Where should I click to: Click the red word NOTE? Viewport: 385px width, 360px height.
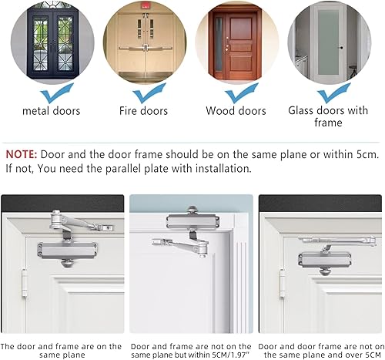(22, 154)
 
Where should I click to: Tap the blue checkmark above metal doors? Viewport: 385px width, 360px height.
(57, 93)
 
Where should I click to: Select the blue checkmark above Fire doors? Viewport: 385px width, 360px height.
(149, 93)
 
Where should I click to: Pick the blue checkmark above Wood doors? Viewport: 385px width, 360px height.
(242, 93)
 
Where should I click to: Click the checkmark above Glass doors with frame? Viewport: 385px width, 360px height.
(334, 93)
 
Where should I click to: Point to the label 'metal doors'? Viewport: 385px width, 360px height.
(52, 111)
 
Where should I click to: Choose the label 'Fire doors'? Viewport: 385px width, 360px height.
(143, 111)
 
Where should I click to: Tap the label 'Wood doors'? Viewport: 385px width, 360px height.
(236, 111)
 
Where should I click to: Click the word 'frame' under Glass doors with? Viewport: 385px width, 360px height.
(328, 123)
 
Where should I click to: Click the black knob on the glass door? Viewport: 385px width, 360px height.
(341, 48)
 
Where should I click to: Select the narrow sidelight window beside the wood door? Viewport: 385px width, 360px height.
(219, 44)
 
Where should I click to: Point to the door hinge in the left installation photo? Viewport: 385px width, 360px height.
(25, 282)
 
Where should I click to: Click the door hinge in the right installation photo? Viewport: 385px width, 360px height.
(283, 283)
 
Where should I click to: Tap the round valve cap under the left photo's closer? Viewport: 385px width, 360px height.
(67, 263)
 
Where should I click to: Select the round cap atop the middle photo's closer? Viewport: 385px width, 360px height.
(192, 210)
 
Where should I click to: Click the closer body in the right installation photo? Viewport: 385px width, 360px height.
(324, 260)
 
